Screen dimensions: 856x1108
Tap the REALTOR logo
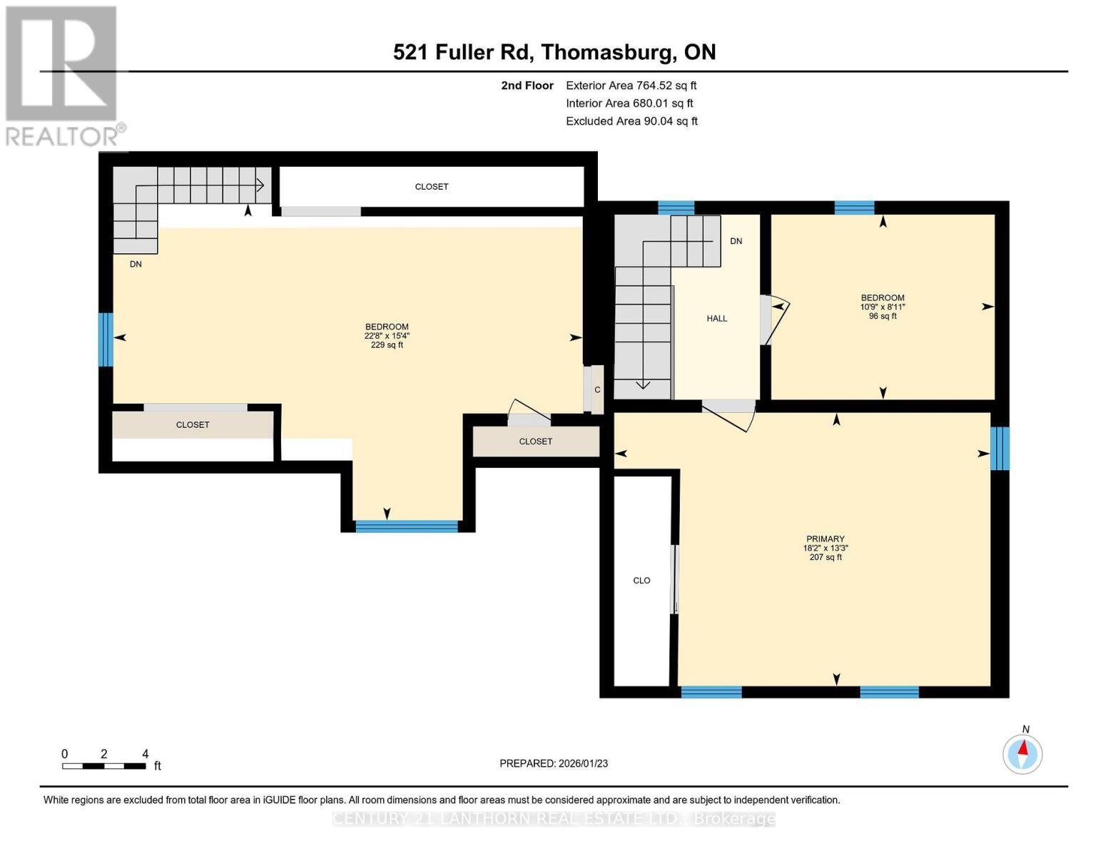click(x=63, y=75)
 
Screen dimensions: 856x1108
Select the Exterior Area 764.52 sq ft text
click(x=631, y=86)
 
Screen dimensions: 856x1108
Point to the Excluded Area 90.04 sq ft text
click(x=631, y=121)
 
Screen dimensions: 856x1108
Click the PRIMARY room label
click(x=825, y=539)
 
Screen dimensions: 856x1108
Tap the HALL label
click(x=716, y=319)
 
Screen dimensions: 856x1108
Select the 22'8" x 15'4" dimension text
click(x=387, y=336)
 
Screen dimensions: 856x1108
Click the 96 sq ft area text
click(x=883, y=316)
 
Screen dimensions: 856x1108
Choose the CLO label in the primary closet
click(x=641, y=581)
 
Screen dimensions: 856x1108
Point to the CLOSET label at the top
click(x=432, y=187)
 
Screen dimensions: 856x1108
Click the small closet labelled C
click(x=597, y=389)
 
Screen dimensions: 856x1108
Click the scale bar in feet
click(x=104, y=766)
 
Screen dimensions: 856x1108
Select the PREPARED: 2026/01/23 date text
click(x=553, y=763)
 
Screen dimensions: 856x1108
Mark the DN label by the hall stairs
click(x=736, y=241)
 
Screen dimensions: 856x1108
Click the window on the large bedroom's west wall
click(x=106, y=340)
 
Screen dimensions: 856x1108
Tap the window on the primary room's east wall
click(x=1000, y=449)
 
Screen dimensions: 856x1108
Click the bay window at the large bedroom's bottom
click(x=407, y=526)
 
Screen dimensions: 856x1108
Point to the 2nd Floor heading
click(x=527, y=86)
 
